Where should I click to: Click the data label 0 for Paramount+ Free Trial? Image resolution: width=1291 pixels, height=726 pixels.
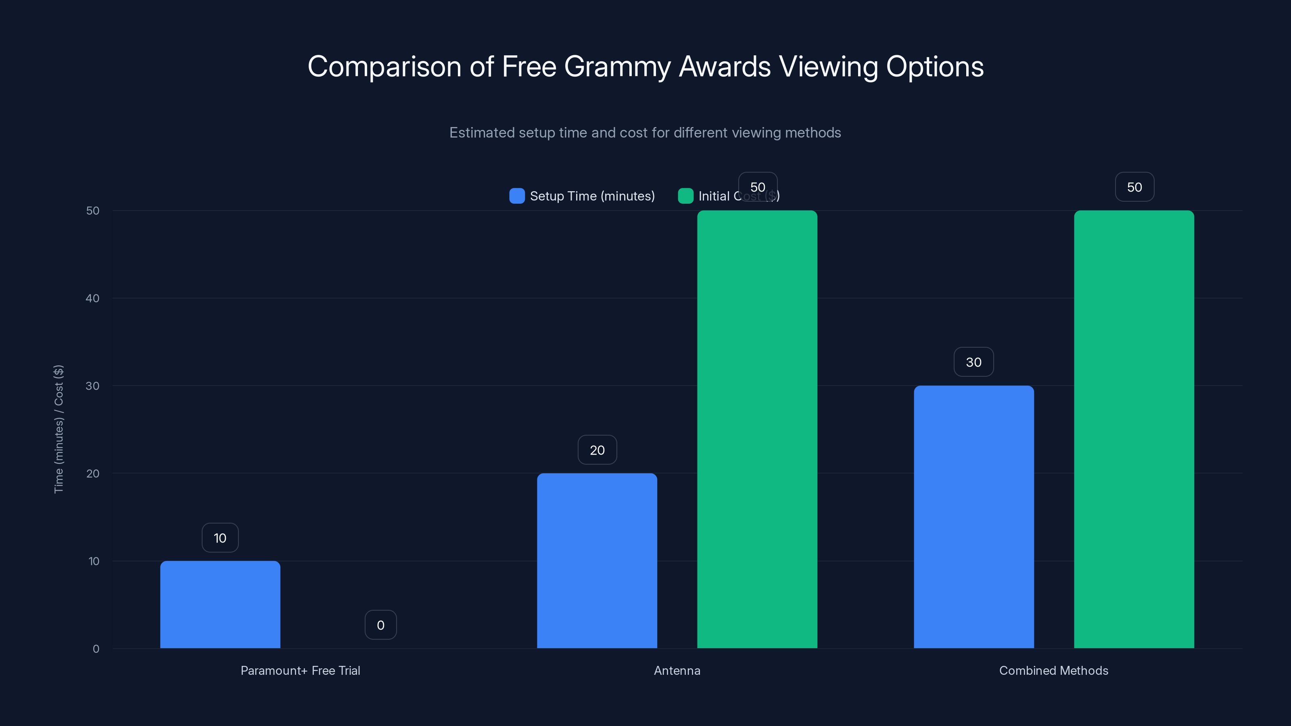coord(380,625)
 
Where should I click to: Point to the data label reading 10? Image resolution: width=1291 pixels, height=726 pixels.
coord(220,538)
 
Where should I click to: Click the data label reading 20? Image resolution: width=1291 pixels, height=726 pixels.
coord(597,450)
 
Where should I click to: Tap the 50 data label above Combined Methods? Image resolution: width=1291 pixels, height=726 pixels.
coord(1134,187)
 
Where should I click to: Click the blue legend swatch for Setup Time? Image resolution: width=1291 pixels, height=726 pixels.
coord(517,196)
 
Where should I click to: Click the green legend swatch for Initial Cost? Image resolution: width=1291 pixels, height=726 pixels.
coord(685,196)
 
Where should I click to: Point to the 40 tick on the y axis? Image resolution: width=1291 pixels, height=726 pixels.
coord(93,298)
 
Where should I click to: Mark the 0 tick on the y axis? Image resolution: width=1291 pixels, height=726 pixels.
coord(96,649)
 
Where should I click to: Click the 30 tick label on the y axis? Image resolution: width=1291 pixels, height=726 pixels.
coord(93,386)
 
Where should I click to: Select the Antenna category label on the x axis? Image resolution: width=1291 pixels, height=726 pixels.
coord(677,670)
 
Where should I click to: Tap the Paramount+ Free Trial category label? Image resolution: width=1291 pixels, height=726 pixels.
coord(300,670)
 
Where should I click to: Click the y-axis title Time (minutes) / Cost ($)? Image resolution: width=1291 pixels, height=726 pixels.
coord(58,429)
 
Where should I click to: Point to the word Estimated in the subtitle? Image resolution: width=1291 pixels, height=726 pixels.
coord(481,133)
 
